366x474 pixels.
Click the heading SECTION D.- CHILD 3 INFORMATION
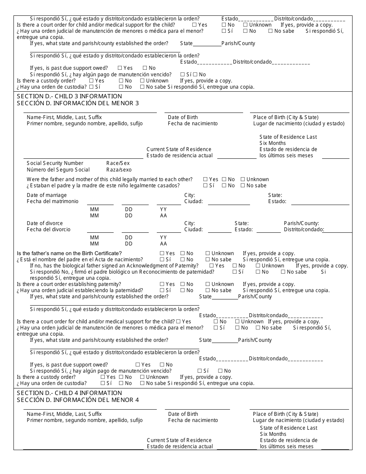click(69, 96)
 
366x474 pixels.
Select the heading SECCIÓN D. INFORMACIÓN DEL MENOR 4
click(78, 400)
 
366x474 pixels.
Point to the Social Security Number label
click(55, 163)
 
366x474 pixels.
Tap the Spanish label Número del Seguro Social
click(58, 170)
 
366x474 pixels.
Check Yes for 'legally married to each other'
click(206, 179)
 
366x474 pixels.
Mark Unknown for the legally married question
click(243, 179)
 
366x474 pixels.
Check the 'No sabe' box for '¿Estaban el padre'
click(243, 185)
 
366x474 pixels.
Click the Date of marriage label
click(47, 195)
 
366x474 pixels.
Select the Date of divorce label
click(45, 223)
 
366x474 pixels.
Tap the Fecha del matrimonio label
click(52, 201)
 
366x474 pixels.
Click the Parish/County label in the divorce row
click(301, 223)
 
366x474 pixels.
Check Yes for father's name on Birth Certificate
click(162, 254)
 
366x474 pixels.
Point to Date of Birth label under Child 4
click(183, 414)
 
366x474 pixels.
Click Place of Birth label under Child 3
click(286, 117)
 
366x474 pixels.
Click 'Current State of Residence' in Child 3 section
click(179, 149)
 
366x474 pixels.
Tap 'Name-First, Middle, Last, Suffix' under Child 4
click(64, 414)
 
